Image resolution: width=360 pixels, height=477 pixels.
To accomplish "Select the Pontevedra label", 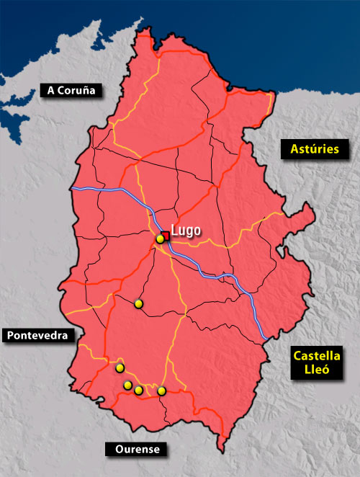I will click(38, 335).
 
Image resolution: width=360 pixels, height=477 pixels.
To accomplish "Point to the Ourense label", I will click(137, 450).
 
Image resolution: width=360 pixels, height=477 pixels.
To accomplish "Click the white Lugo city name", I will click(185, 232).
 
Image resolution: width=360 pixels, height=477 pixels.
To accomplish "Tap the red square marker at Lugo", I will click(165, 235).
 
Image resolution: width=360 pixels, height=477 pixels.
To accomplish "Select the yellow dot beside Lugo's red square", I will click(160, 239).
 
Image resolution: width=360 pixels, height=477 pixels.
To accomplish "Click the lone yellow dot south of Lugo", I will click(139, 304).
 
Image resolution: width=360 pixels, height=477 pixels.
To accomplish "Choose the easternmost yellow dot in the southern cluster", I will click(162, 391).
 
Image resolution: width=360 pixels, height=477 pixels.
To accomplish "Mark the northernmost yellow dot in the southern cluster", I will click(120, 368).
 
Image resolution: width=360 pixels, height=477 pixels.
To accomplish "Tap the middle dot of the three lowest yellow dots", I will click(138, 390).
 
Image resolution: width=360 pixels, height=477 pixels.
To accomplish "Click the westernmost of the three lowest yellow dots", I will click(127, 385).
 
